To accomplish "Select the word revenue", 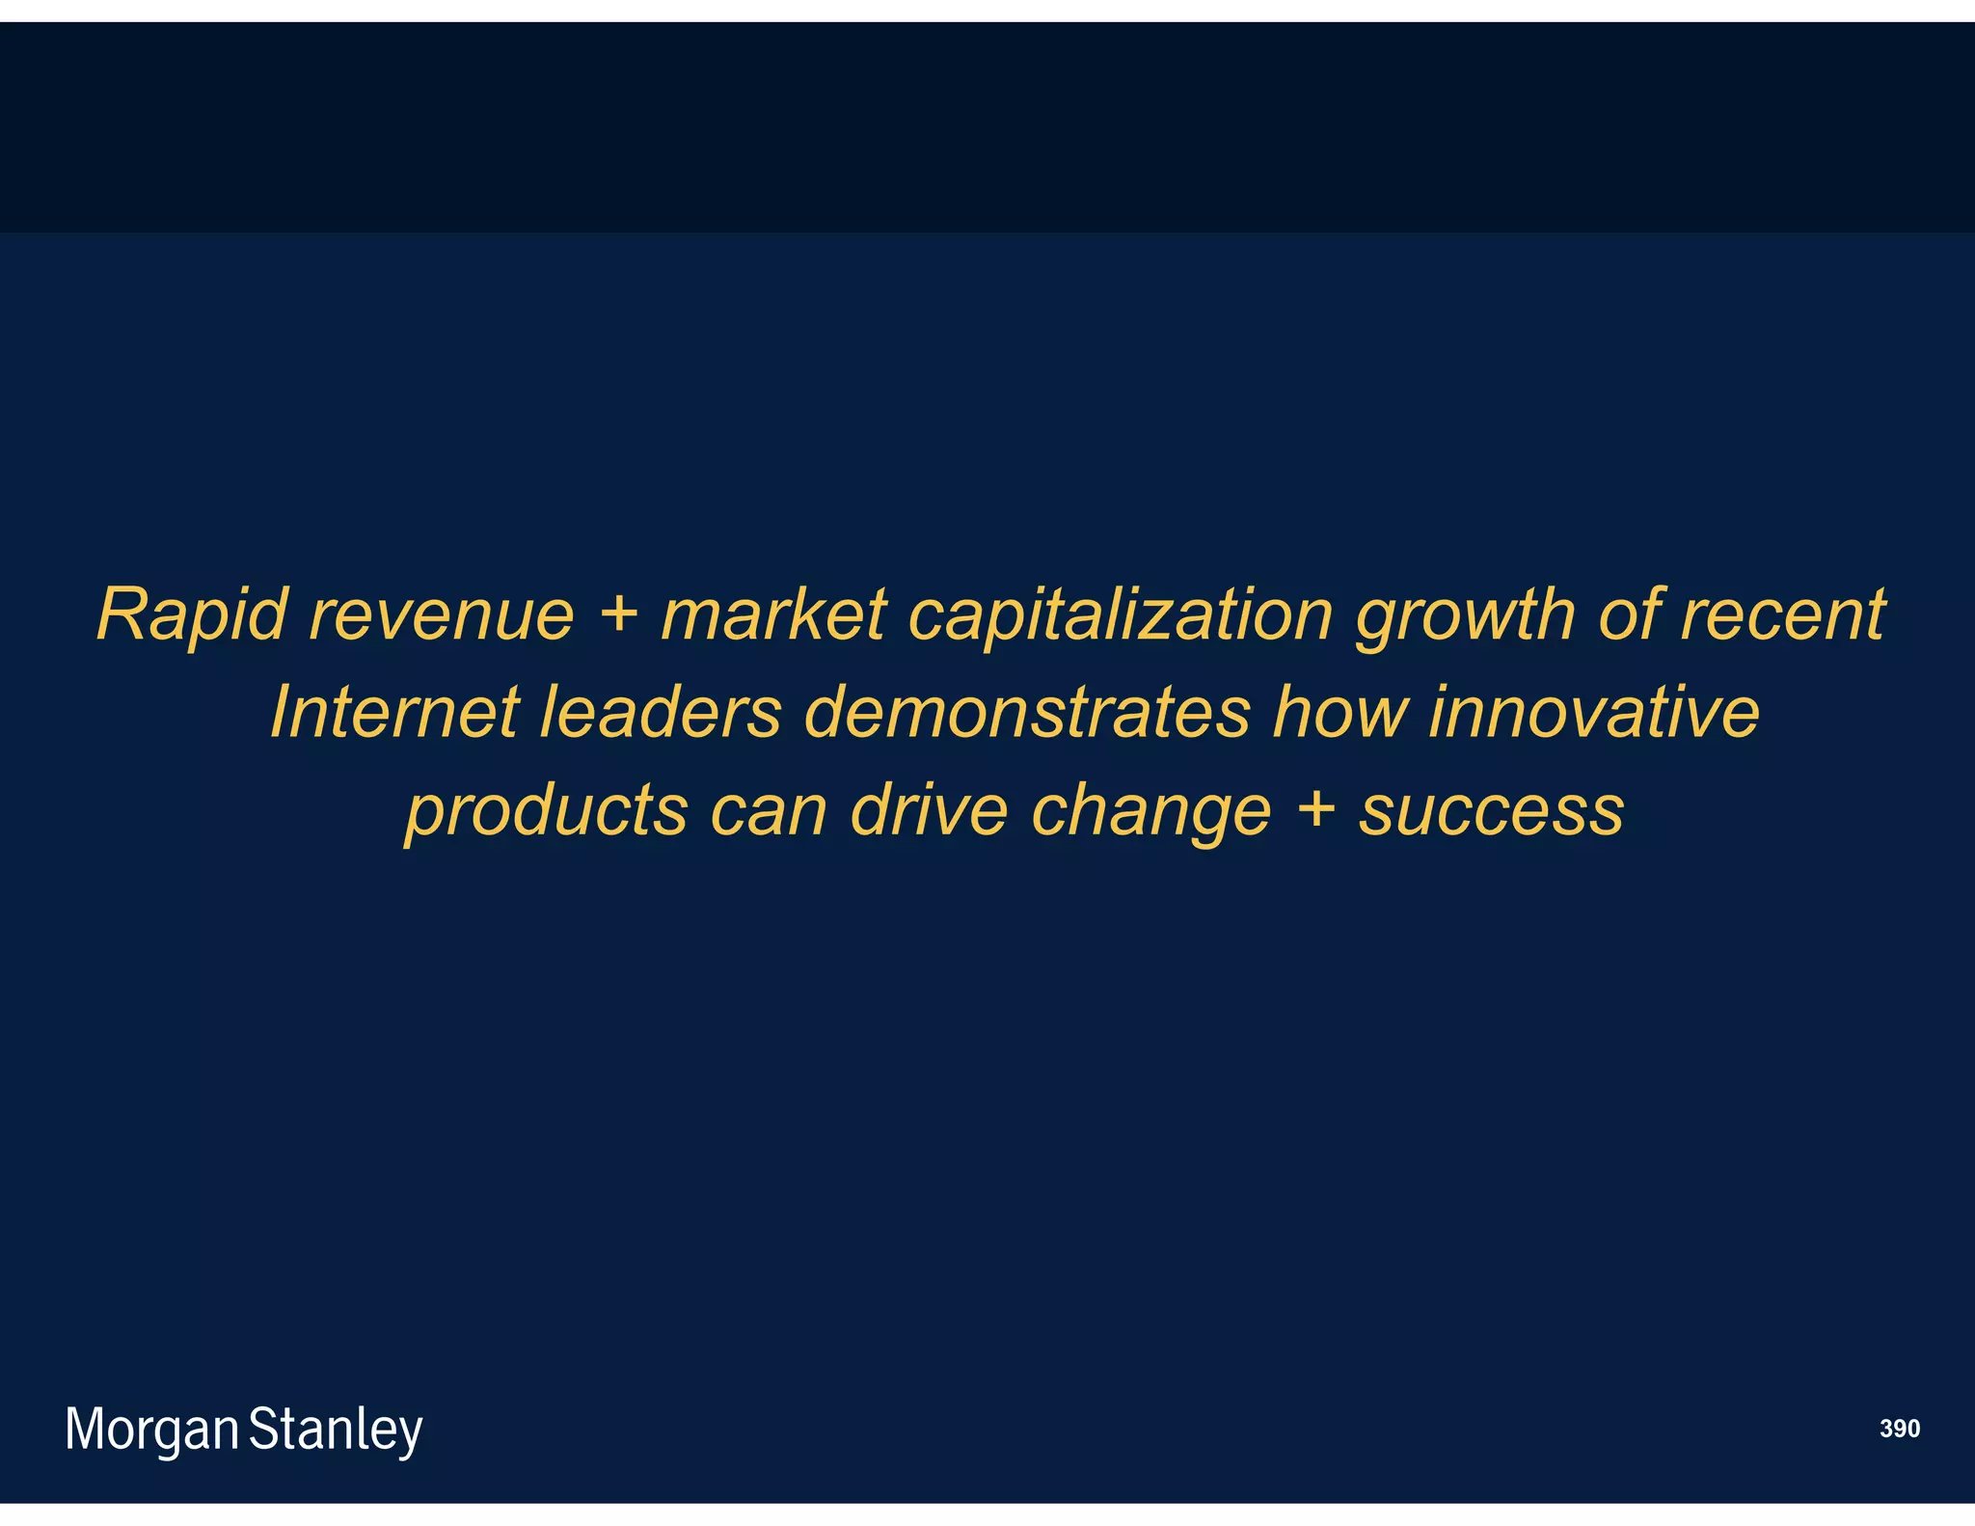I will (442, 615).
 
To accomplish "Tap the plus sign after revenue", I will (618, 613).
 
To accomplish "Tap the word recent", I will (1782, 615).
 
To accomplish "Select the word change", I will (1151, 812).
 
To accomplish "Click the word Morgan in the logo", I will (151, 1430).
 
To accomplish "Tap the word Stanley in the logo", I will (336, 1430).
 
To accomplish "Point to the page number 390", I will (1899, 1429).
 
